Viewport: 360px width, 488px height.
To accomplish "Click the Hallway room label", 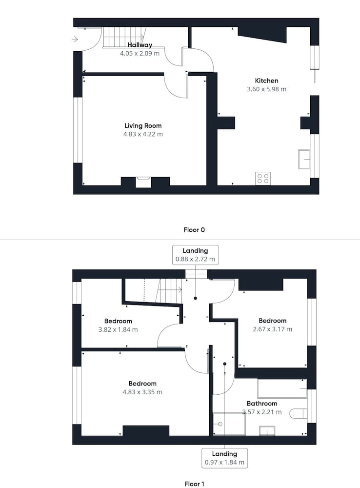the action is click(140, 45).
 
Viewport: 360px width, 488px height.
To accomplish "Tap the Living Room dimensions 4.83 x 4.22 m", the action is click(143, 134).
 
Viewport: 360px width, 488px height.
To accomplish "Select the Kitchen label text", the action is click(266, 81).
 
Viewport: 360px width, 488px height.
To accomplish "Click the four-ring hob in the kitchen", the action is click(263, 178).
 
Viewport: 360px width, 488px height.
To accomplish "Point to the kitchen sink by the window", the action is click(304, 160).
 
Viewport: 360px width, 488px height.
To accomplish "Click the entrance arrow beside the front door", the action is click(75, 39).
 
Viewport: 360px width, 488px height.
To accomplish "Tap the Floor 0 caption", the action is click(194, 230).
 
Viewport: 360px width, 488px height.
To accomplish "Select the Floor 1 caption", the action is click(194, 484).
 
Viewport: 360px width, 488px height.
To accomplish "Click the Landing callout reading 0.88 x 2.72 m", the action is click(196, 255).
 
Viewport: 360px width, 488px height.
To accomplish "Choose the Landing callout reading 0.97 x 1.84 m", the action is click(225, 458).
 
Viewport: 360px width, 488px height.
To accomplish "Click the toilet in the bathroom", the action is click(299, 414).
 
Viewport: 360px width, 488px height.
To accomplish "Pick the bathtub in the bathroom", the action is click(282, 388).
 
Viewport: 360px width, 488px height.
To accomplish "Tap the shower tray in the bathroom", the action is click(229, 424).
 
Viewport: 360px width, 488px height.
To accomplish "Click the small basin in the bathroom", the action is click(267, 431).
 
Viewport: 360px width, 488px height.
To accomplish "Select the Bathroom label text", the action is click(262, 404).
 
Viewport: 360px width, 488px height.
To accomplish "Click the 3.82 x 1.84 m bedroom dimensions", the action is click(118, 329).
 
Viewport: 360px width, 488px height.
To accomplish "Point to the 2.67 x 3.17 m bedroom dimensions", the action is click(273, 329).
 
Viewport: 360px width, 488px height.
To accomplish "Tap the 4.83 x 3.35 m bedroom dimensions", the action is click(142, 392).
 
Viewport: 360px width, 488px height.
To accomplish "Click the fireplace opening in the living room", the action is click(143, 182).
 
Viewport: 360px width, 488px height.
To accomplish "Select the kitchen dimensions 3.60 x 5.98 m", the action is click(267, 89).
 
